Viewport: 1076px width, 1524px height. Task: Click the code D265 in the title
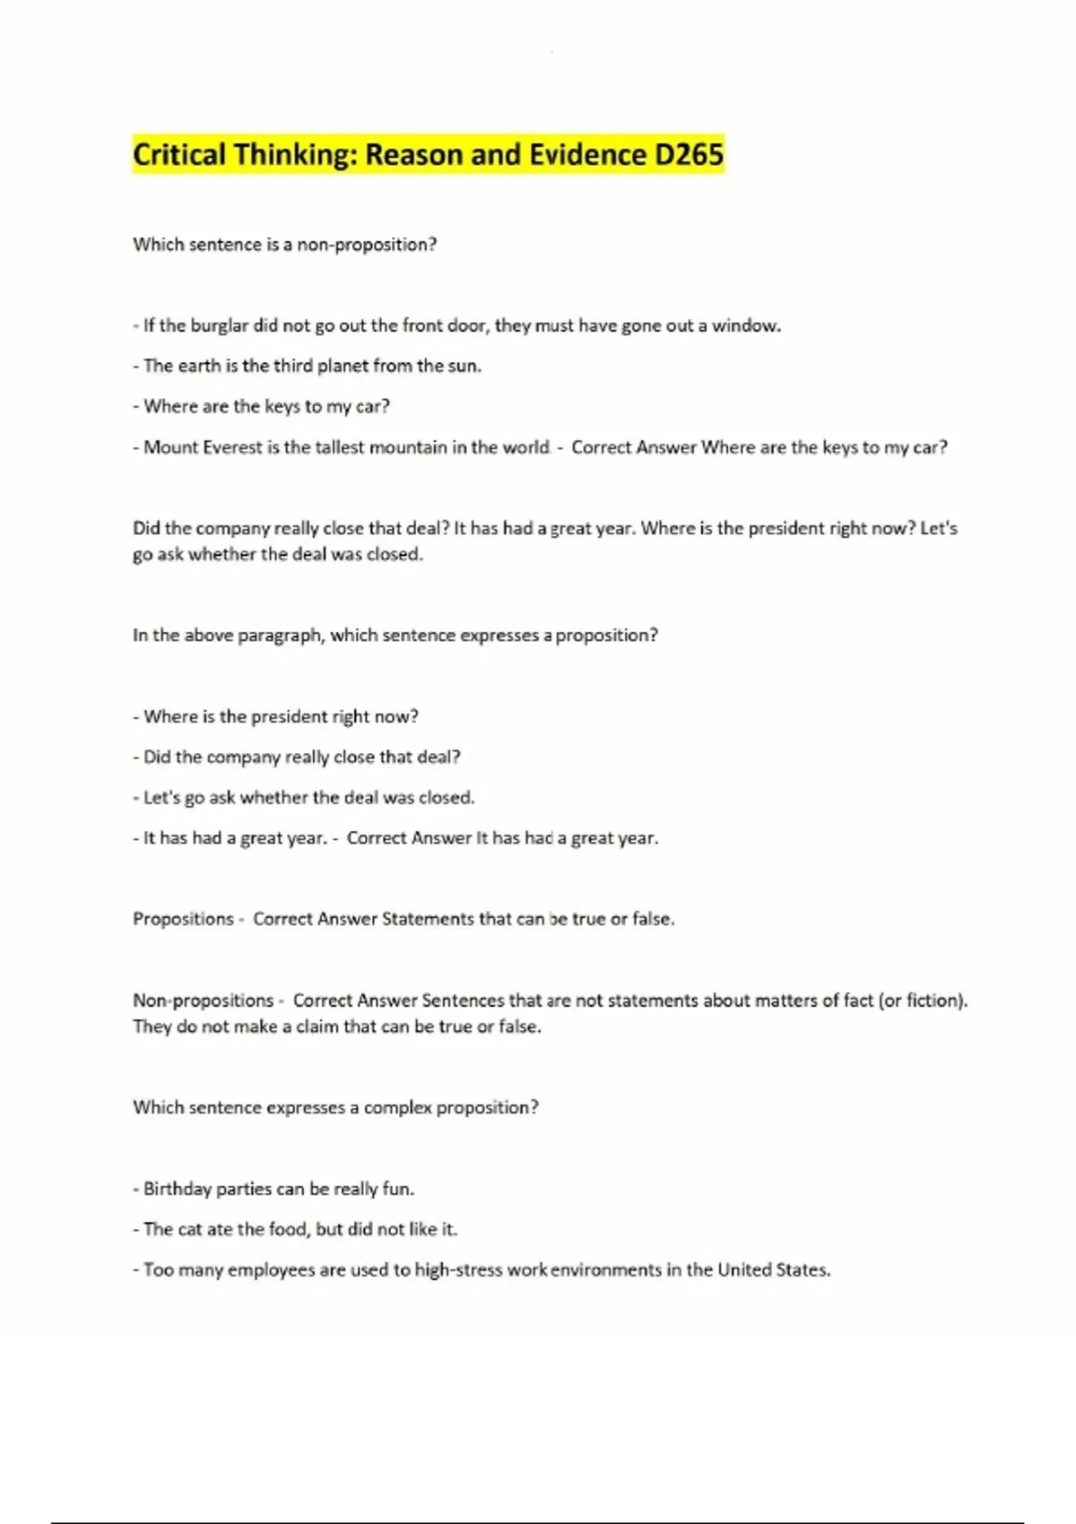tap(689, 155)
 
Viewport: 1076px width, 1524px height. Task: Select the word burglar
tap(219, 325)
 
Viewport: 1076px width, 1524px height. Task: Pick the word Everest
tap(231, 447)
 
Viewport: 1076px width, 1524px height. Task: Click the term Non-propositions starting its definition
tap(204, 1000)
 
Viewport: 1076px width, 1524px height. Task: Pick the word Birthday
tap(177, 1189)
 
